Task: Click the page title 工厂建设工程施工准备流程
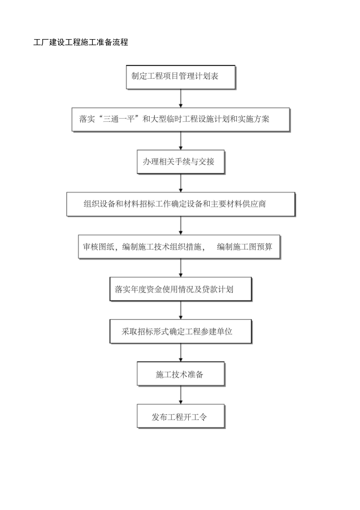81,43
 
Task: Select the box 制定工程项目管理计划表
180,77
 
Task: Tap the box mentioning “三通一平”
180,119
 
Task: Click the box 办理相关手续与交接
180,161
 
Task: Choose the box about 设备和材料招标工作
180,204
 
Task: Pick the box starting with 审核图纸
179,246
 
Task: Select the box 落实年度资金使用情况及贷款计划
180,289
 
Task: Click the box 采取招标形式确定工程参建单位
180,331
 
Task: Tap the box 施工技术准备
180,373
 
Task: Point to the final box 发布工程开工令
180,416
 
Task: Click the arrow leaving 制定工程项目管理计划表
180,98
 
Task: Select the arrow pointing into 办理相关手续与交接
180,141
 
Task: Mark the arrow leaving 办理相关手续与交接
180,183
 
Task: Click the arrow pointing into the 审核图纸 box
180,225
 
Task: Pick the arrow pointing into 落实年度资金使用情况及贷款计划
180,268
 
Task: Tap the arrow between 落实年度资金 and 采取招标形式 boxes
180,310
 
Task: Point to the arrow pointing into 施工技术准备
180,353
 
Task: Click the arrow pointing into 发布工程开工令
180,395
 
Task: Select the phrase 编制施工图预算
245,247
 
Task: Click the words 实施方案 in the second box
255,119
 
